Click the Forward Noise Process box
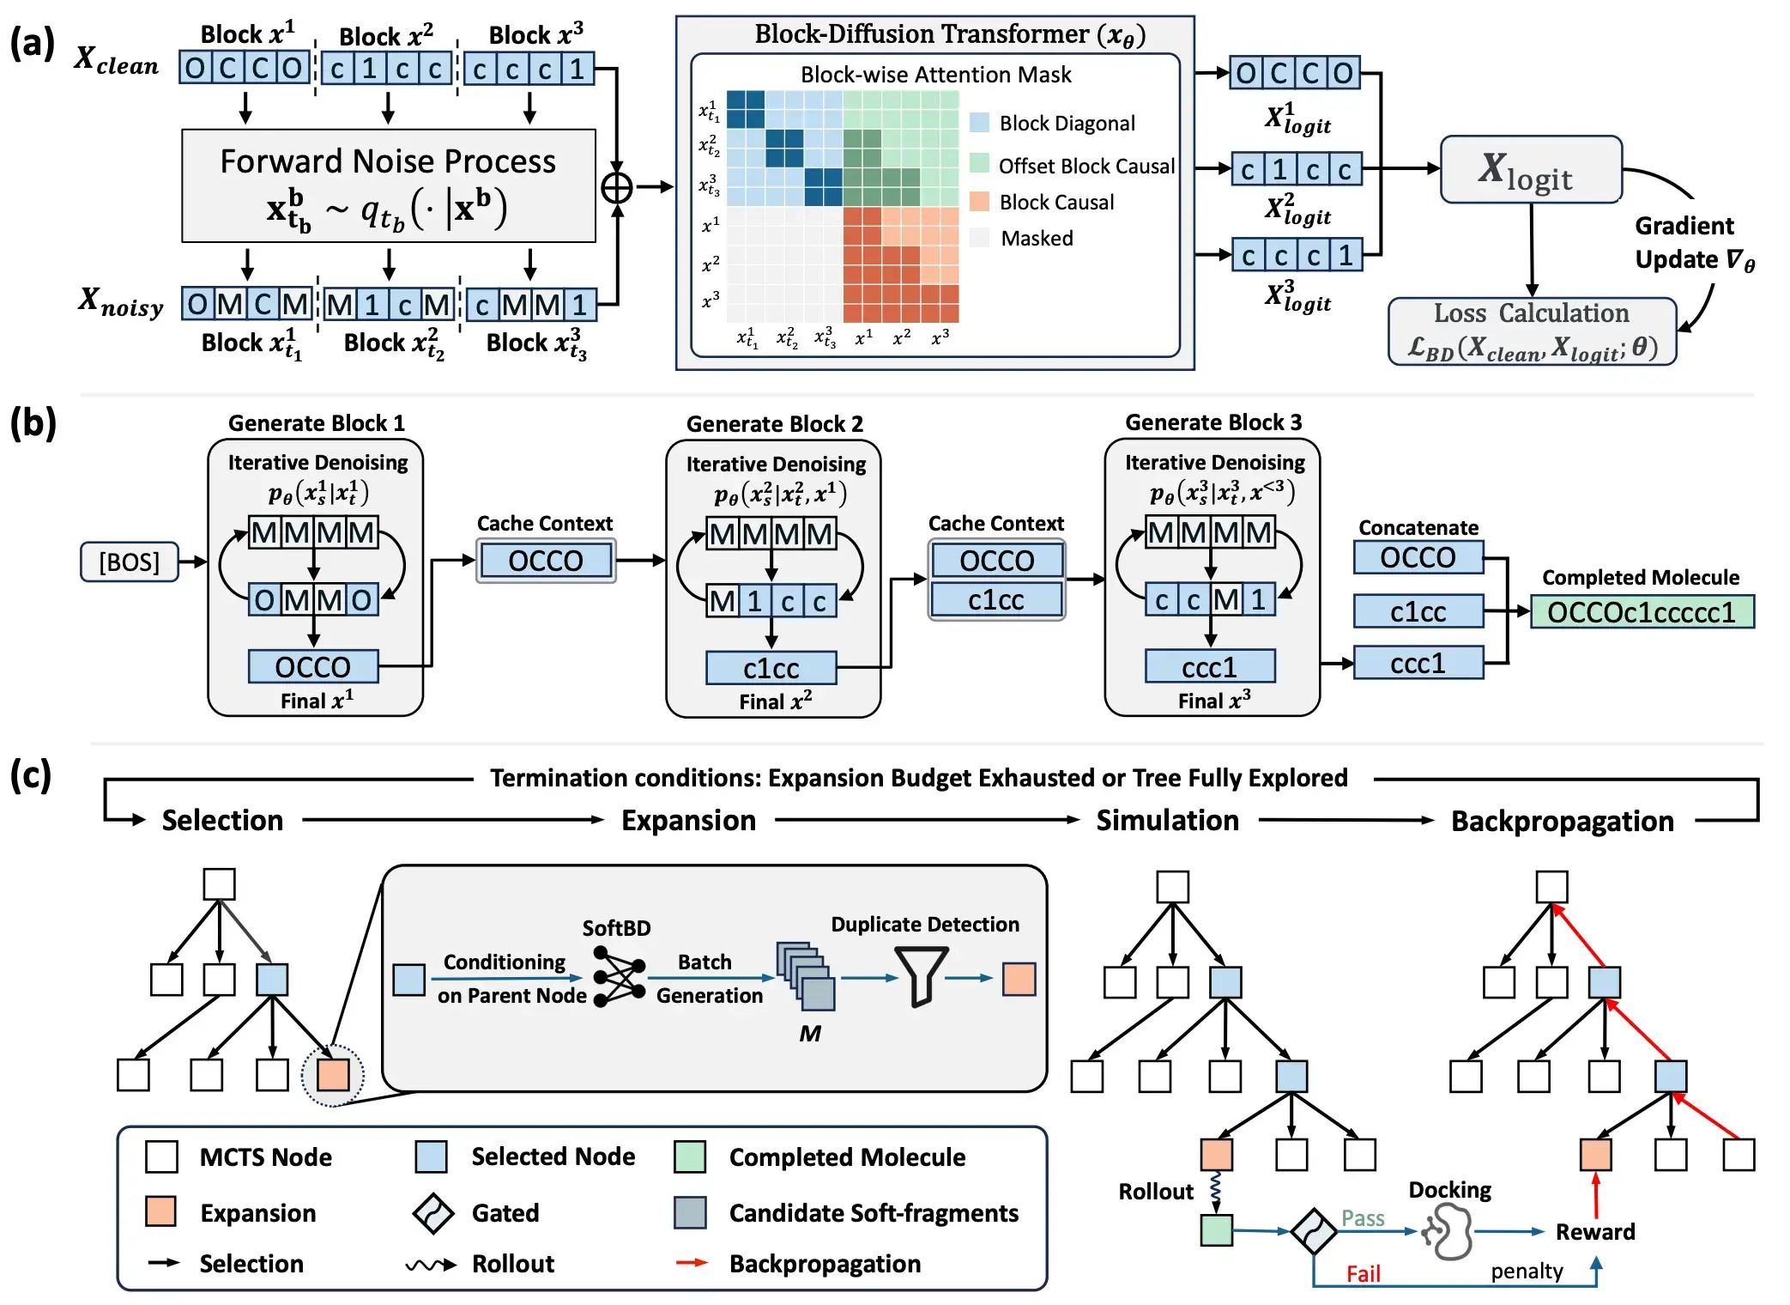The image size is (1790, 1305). tap(388, 185)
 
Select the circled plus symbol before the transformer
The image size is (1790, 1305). tap(617, 187)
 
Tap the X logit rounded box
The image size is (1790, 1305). tap(1531, 170)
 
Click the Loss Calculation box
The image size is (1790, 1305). tap(1532, 331)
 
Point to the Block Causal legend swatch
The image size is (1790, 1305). tap(979, 202)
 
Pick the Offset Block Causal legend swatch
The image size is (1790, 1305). tap(979, 163)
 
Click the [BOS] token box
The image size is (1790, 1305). tap(129, 561)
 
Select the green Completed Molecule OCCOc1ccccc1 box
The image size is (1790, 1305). tap(1642, 612)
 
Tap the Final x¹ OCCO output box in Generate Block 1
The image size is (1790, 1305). tap(312, 666)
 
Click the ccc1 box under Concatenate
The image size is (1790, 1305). tap(1418, 663)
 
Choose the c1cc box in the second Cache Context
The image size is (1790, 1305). tap(996, 599)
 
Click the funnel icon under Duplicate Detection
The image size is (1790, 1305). tap(921, 976)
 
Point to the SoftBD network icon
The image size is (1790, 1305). tap(619, 977)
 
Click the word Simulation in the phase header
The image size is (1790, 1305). tap(1167, 820)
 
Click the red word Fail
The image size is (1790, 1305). tap(1363, 1273)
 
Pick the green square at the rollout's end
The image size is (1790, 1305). tap(1216, 1230)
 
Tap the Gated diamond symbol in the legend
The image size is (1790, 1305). tap(432, 1212)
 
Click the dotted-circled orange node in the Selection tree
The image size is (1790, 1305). tap(333, 1075)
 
